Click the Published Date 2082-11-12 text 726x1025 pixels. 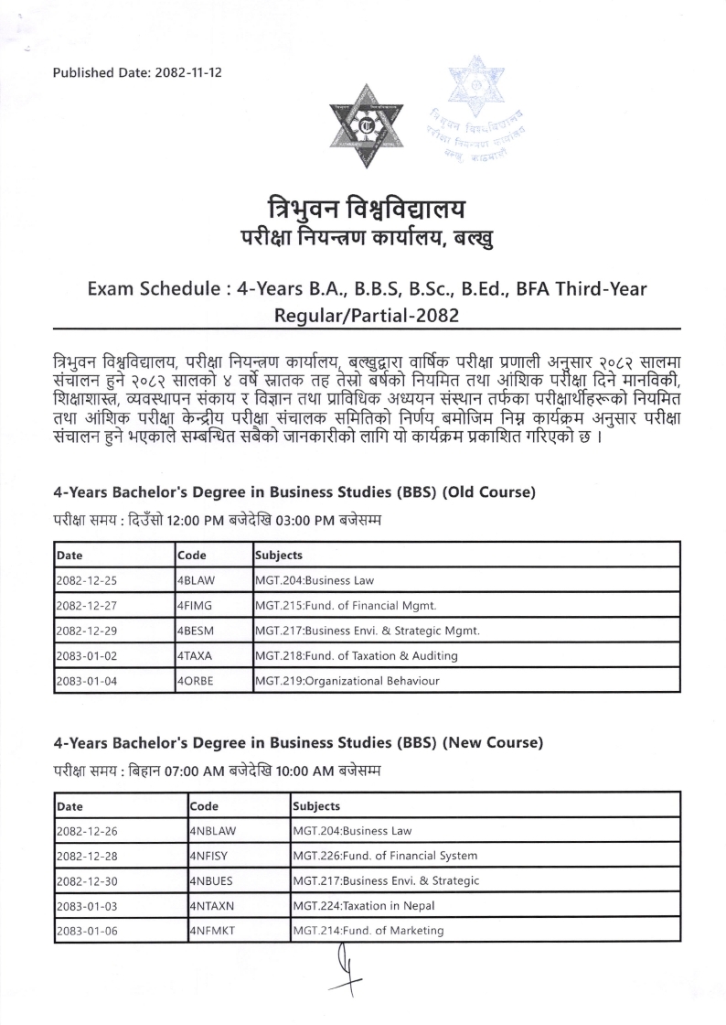(137, 72)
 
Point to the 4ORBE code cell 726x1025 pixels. (198, 681)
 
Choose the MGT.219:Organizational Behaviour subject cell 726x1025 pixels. (348, 681)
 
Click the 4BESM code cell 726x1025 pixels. (197, 631)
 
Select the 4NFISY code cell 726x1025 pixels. (212, 856)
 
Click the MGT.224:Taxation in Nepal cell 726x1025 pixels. (363, 906)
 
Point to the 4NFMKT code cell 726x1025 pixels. (214, 931)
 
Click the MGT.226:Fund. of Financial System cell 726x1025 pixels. (384, 856)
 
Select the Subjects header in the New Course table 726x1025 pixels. (316, 806)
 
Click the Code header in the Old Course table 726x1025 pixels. (193, 556)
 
